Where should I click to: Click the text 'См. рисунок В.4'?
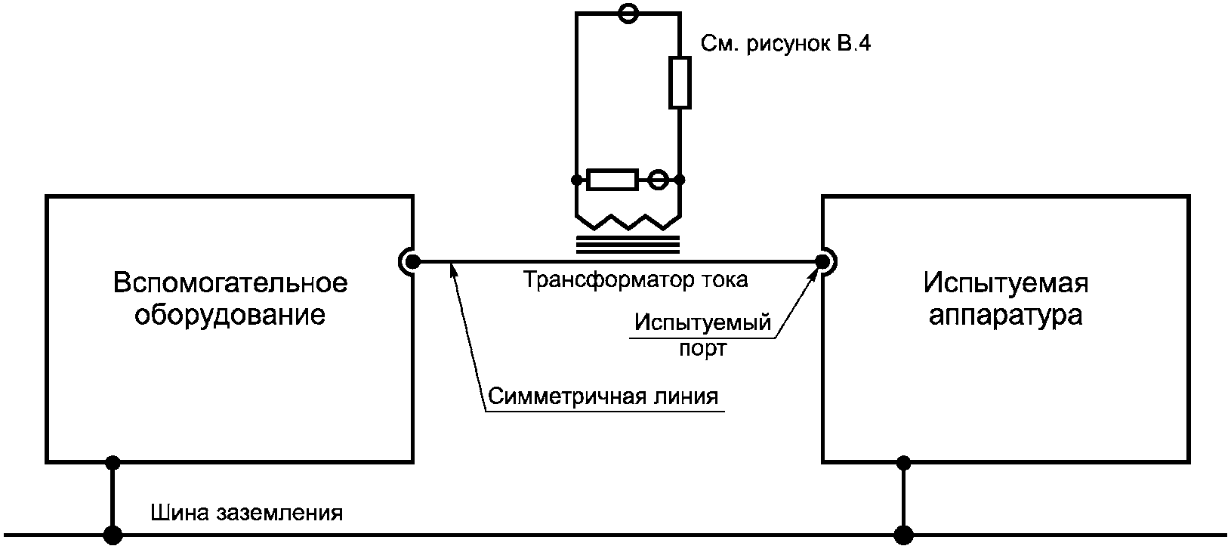click(785, 44)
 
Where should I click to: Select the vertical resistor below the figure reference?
click(680, 82)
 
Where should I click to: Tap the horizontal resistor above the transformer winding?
click(612, 180)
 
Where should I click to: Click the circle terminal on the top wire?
click(628, 13)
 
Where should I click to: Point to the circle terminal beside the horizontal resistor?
click(658, 180)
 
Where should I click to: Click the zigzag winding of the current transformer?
click(628, 222)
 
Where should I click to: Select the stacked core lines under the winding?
click(628, 245)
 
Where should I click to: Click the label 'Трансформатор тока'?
click(635, 280)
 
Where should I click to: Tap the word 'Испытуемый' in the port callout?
click(702, 322)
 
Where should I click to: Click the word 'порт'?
click(703, 349)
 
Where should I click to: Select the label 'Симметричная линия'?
click(603, 396)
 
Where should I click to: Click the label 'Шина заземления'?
click(247, 513)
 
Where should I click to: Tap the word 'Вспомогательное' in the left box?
click(230, 283)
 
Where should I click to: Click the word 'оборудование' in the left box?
click(230, 316)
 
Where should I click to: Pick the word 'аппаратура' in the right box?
click(1006, 316)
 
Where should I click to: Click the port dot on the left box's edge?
click(412, 262)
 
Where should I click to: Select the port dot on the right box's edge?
click(822, 262)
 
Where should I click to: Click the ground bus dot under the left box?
click(113, 535)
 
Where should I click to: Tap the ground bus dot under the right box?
click(903, 535)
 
